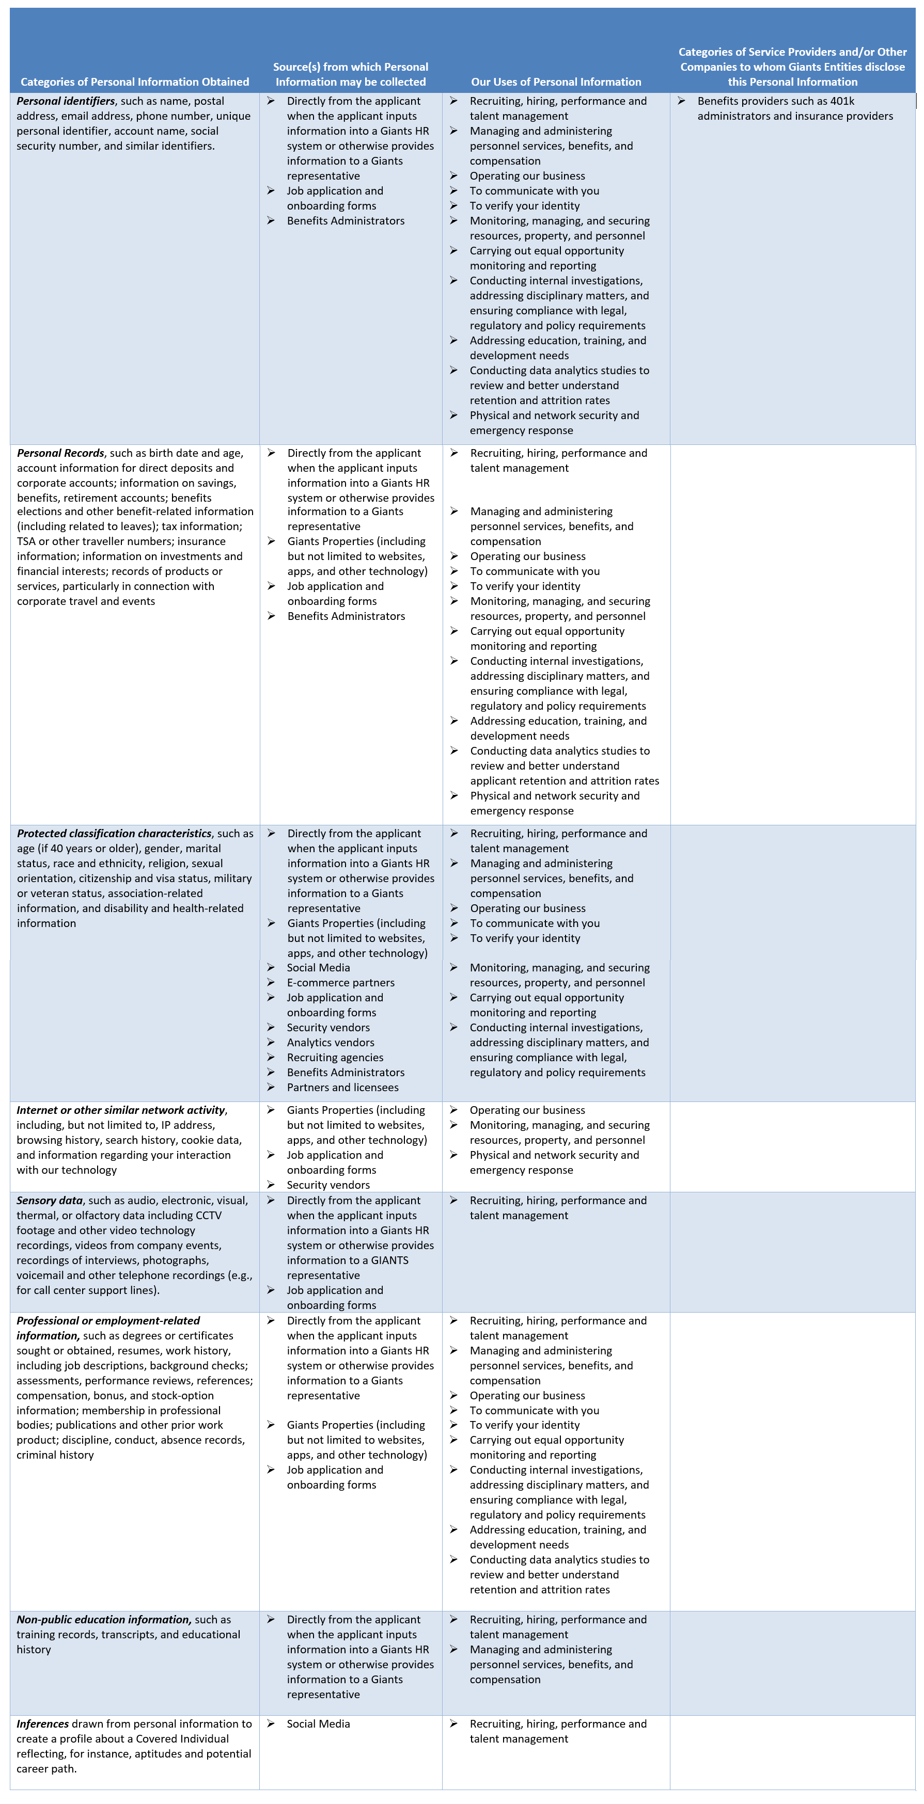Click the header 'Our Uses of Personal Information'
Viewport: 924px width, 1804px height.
pyautogui.click(x=556, y=82)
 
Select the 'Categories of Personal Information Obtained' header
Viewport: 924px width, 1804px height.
pyautogui.click(x=134, y=82)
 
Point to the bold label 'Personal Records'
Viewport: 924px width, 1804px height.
pyautogui.click(x=60, y=453)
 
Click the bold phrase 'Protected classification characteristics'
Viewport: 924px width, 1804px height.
pyautogui.click(x=114, y=834)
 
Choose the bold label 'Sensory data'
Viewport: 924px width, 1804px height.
pyautogui.click(x=50, y=1200)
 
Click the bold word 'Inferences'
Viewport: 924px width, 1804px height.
pyautogui.click(x=43, y=1723)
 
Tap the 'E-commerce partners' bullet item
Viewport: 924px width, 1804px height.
pyautogui.click(x=340, y=983)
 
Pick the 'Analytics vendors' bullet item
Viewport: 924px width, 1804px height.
pyautogui.click(x=330, y=1042)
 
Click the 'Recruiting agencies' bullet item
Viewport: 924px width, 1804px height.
pyautogui.click(x=335, y=1058)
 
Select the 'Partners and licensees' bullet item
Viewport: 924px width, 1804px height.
pyautogui.click(x=342, y=1088)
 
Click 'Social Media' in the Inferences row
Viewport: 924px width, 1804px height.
pyautogui.click(x=318, y=1723)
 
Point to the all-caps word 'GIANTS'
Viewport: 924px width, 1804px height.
pyautogui.click(x=389, y=1260)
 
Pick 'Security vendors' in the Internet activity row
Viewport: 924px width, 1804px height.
pyautogui.click(x=328, y=1185)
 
